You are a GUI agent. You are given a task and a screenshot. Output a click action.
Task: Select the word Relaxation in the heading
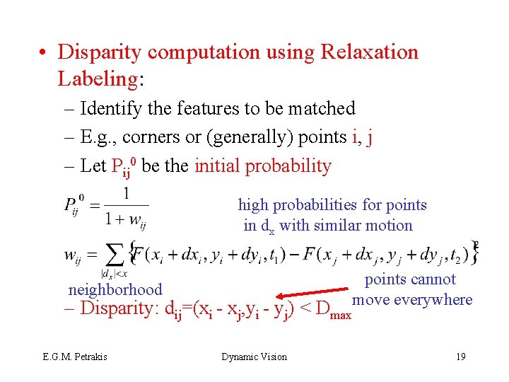(x=370, y=52)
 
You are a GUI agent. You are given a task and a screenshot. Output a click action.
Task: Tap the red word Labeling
(x=98, y=79)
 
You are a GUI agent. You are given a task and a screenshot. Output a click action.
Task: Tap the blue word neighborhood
(x=115, y=289)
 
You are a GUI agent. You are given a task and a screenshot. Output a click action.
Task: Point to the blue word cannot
(x=433, y=279)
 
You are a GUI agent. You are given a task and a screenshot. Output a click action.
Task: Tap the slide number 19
(x=460, y=357)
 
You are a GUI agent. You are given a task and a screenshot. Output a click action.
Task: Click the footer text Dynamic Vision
(x=255, y=357)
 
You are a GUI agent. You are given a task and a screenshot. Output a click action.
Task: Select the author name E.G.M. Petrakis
(x=74, y=357)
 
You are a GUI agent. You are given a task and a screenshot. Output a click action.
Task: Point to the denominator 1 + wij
(x=126, y=219)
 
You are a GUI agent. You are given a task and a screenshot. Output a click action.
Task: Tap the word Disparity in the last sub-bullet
(x=120, y=309)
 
